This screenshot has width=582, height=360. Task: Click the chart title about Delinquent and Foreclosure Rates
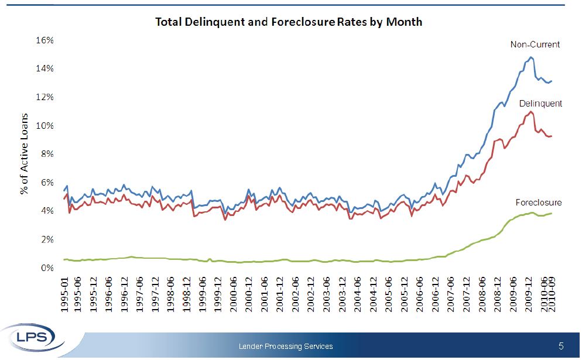288,22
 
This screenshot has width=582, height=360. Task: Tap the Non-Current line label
535,44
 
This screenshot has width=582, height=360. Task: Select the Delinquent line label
540,104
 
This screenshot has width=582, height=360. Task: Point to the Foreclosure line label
538,203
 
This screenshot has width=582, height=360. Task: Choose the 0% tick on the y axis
47,268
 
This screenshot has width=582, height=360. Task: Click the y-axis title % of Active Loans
25,155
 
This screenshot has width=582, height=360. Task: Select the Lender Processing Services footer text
286,347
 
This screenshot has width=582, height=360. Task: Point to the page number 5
561,346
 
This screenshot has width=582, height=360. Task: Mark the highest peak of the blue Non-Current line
531,57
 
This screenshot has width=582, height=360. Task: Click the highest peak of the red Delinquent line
530,112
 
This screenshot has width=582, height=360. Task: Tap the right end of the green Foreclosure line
552,214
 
